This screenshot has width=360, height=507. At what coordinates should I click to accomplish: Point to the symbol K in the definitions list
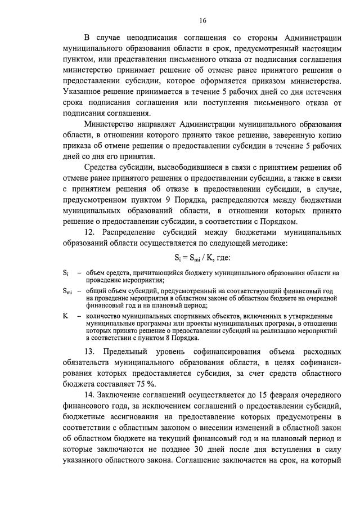[65, 316]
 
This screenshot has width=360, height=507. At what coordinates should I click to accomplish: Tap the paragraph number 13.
[91, 352]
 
